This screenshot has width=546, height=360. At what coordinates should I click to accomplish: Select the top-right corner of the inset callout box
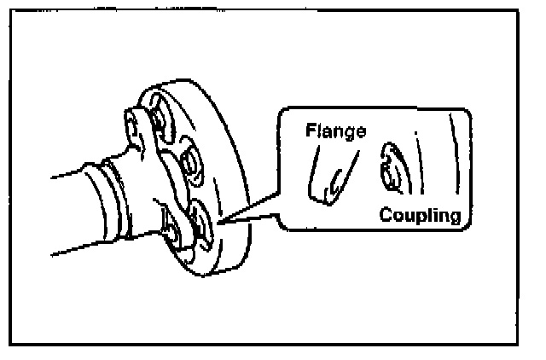tap(469, 112)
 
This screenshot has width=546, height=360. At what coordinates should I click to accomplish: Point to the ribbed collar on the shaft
tap(115, 196)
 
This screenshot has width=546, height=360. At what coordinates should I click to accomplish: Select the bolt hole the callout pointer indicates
tap(203, 220)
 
